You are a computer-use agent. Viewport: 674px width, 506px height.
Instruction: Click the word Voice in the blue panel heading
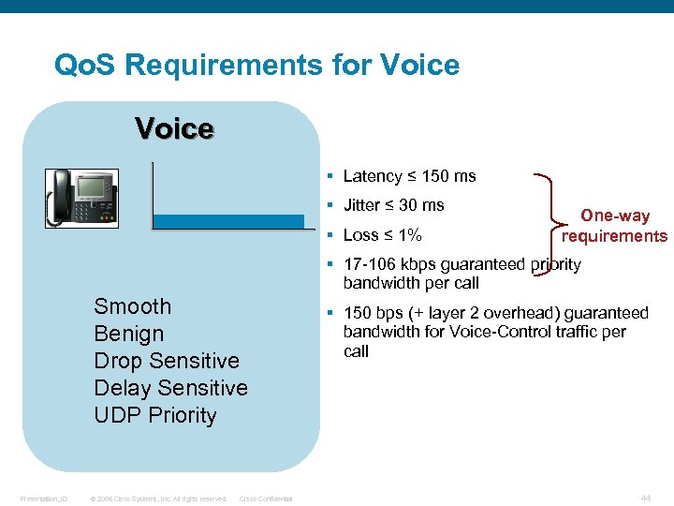click(x=174, y=128)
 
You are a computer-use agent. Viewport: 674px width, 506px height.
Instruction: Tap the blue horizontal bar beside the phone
click(x=228, y=221)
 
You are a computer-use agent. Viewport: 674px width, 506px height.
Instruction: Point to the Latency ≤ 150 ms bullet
click(x=409, y=176)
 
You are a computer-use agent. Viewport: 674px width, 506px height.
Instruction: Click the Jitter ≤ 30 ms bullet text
click(x=393, y=205)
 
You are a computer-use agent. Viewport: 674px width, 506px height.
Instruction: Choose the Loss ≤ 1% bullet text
click(x=382, y=235)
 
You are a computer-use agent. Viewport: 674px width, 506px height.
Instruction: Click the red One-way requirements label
click(x=614, y=226)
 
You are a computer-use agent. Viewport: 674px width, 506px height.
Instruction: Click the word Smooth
click(x=133, y=306)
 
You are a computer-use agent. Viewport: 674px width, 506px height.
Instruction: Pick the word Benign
click(x=129, y=334)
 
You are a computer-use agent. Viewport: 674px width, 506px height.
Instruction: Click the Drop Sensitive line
click(x=167, y=361)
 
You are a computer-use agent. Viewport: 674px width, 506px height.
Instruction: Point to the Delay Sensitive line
click(x=170, y=388)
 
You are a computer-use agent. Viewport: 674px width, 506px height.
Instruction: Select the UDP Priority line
click(x=155, y=415)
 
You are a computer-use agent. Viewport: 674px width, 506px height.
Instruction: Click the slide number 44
click(x=645, y=498)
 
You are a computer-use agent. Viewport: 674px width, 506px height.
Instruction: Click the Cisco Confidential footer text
click(x=266, y=499)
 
